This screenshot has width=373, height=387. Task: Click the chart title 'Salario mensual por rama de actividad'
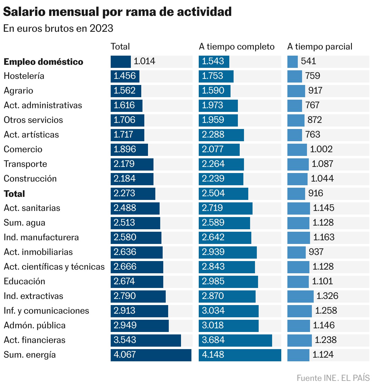click(x=117, y=12)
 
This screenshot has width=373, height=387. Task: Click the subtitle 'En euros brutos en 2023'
click(x=58, y=28)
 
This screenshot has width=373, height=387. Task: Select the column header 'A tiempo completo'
click(x=237, y=46)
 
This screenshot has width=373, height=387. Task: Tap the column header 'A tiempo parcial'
click(x=319, y=46)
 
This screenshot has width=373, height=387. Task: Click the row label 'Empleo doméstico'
click(x=43, y=62)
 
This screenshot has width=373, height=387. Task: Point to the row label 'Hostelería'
click(x=24, y=76)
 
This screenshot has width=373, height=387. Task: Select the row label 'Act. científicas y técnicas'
click(x=54, y=267)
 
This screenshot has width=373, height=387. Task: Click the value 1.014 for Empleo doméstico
click(x=144, y=61)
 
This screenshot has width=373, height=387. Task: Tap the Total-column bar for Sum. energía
click(x=151, y=355)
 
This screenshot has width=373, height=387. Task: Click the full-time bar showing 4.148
click(x=240, y=355)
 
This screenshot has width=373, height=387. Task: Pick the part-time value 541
click(x=308, y=61)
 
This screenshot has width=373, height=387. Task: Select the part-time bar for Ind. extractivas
click(x=300, y=296)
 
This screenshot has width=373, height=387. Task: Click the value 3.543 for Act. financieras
click(x=125, y=340)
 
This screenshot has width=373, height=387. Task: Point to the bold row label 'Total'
click(x=14, y=194)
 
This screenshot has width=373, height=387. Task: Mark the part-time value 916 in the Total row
click(x=316, y=193)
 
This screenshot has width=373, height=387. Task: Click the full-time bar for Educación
click(x=228, y=282)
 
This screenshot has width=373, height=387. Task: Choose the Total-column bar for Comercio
click(x=129, y=149)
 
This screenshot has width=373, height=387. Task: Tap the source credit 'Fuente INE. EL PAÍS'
click(x=333, y=378)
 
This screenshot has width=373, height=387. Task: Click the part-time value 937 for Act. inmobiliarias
click(x=316, y=252)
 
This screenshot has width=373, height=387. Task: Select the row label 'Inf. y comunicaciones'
click(x=46, y=311)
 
